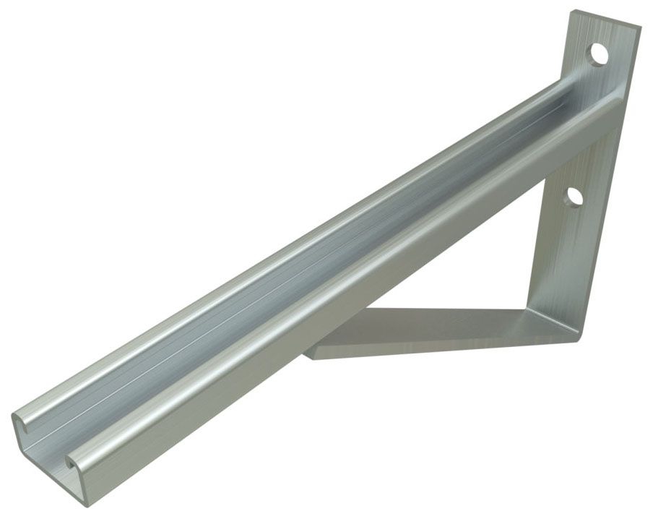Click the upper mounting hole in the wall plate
point(597,54)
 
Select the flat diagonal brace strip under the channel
point(433,329)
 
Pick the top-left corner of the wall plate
point(572,12)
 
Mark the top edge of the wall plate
point(607,18)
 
